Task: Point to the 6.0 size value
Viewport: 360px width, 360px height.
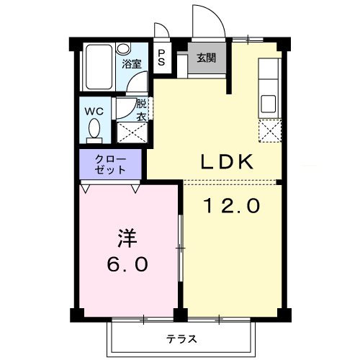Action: click(x=128, y=264)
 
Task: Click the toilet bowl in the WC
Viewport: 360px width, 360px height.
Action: click(x=94, y=130)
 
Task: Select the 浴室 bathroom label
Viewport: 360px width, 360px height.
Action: click(x=131, y=63)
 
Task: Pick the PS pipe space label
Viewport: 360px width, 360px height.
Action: click(x=161, y=58)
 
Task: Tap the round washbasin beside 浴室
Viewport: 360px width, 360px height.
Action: click(x=123, y=49)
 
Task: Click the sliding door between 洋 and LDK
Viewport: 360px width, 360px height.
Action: click(x=181, y=248)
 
